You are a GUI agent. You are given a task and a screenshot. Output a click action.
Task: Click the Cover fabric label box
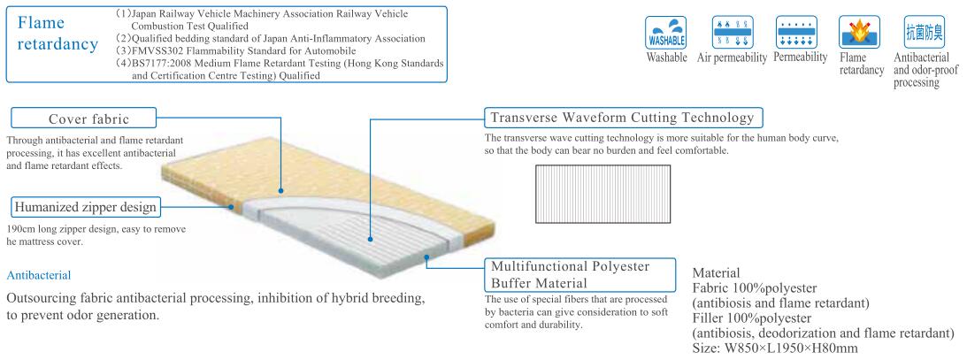tap(84, 118)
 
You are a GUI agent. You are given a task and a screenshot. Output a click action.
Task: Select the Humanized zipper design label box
tap(86, 208)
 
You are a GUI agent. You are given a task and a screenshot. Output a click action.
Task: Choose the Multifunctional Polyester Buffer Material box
tap(574, 273)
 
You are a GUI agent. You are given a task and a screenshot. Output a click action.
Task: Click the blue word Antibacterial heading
tap(40, 276)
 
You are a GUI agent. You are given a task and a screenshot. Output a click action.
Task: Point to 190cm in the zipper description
tap(23, 228)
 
